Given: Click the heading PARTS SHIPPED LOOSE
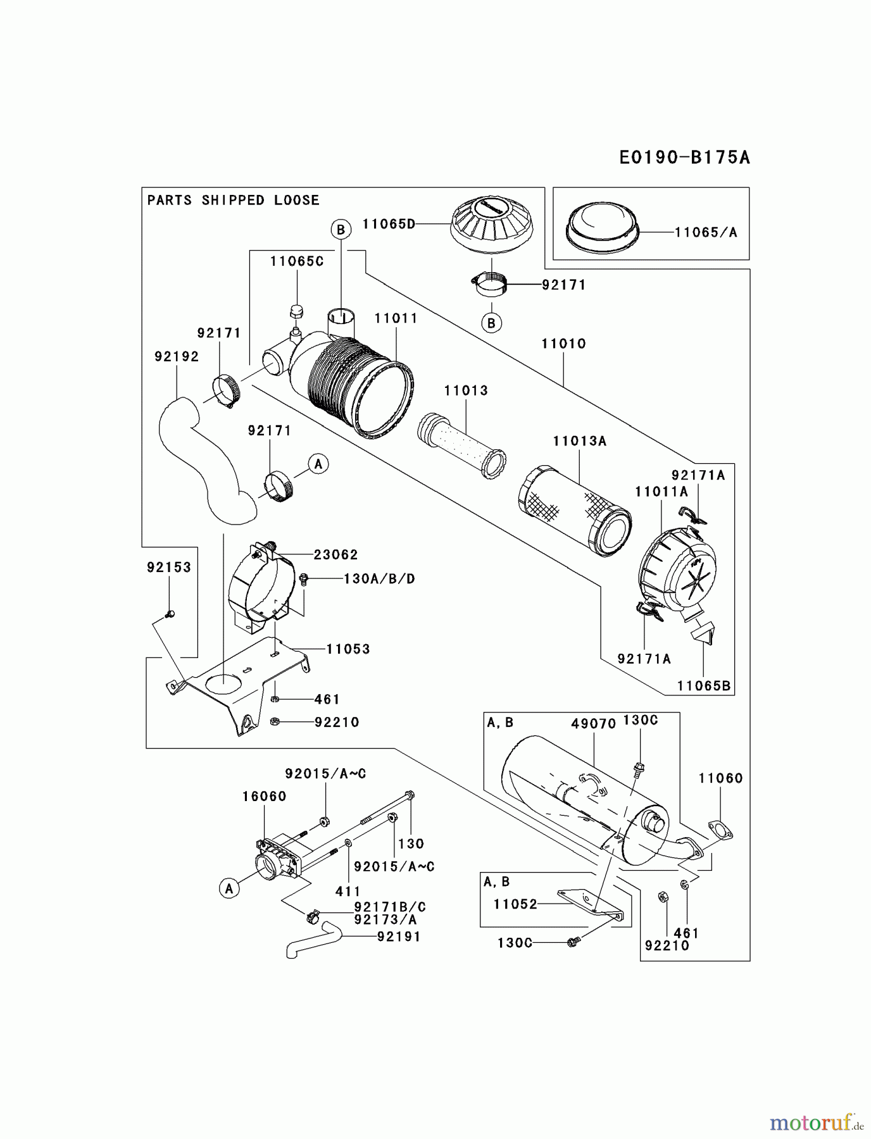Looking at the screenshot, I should pyautogui.click(x=233, y=200).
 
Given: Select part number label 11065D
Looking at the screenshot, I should pyautogui.click(x=389, y=223).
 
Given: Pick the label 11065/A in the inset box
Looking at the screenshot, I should pyautogui.click(x=706, y=232).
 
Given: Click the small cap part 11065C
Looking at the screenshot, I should pyautogui.click(x=295, y=311).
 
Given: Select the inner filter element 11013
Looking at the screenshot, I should pyautogui.click(x=461, y=442).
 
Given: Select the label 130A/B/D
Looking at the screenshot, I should pyautogui.click(x=379, y=579).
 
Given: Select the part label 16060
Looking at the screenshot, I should pyautogui.click(x=264, y=796).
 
